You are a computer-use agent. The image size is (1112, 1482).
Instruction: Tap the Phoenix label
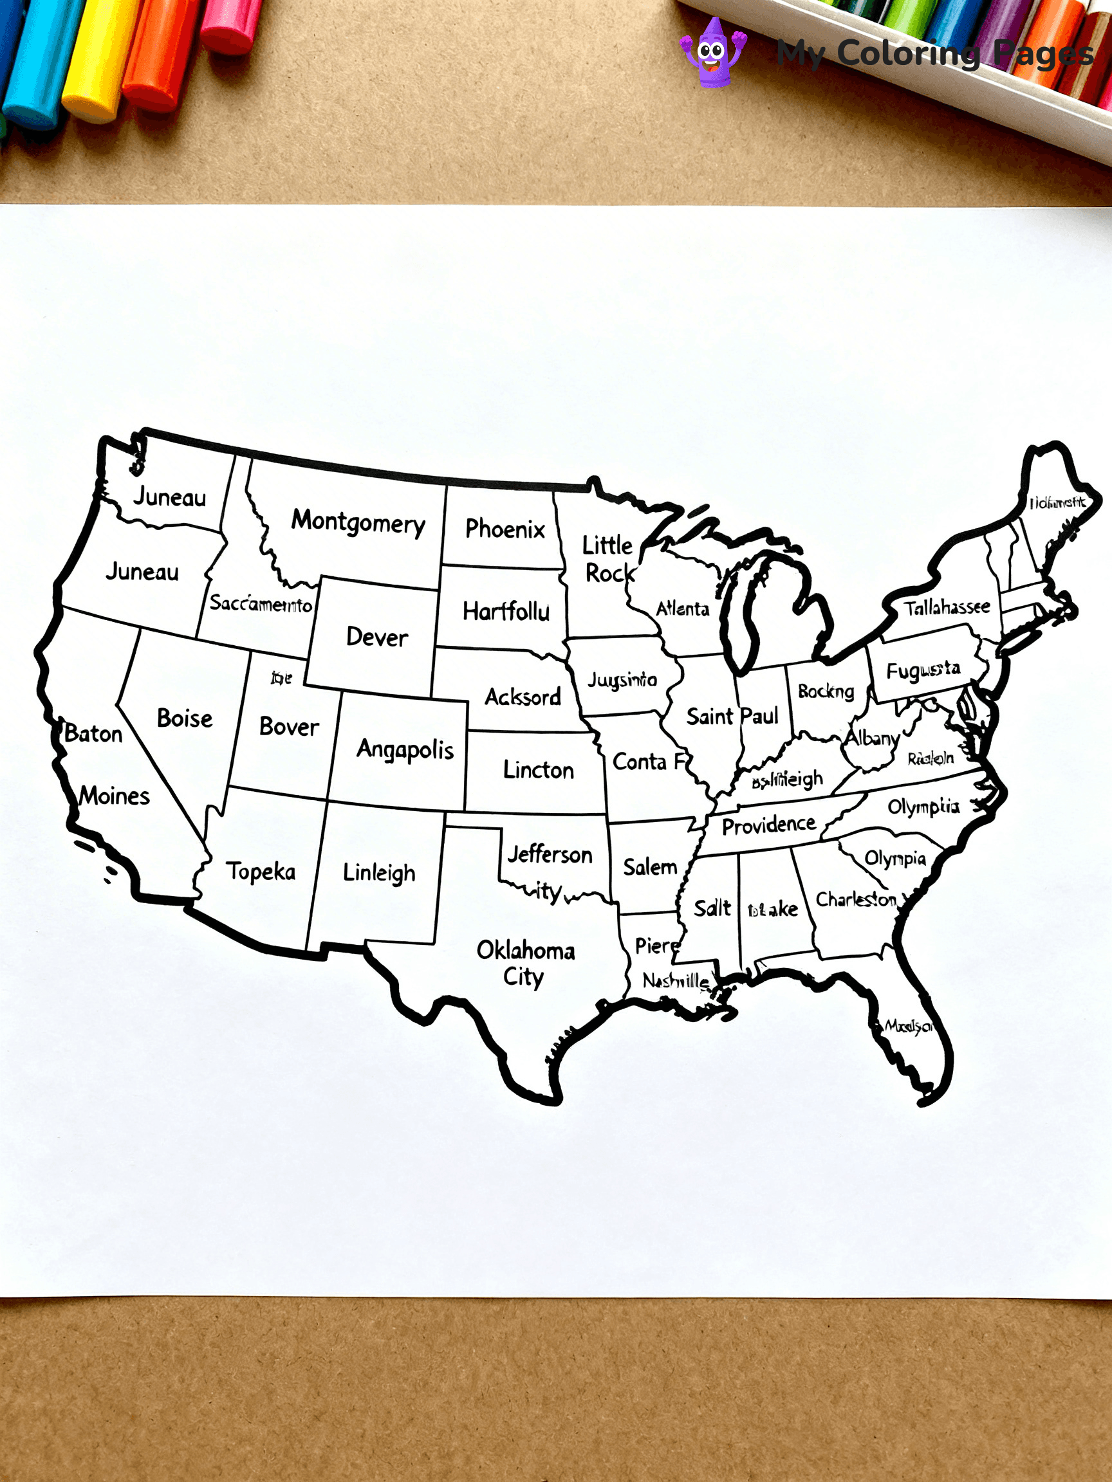coord(505,529)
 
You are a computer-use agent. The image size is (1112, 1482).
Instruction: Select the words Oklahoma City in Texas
coord(525,963)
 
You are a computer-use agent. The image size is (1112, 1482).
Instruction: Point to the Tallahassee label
coord(947,608)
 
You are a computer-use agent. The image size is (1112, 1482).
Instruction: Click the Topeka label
coord(260,871)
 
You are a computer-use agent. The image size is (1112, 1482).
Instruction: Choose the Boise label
coord(184,718)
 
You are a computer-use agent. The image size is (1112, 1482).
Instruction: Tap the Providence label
coord(768,825)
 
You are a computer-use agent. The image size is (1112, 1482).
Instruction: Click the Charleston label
coord(855,899)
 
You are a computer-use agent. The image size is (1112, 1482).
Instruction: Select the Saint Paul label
coord(732,716)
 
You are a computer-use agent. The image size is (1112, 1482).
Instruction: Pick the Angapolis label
coord(405,750)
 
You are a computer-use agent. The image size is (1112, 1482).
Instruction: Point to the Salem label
coord(649,867)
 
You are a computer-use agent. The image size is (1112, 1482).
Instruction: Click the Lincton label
coord(538,770)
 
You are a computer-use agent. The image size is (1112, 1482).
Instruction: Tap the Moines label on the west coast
coord(114,796)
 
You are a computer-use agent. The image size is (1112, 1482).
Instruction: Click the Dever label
coord(376,637)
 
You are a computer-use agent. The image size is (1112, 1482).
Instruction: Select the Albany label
coord(871,738)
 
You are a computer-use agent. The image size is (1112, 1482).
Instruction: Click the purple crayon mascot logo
coord(712,52)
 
